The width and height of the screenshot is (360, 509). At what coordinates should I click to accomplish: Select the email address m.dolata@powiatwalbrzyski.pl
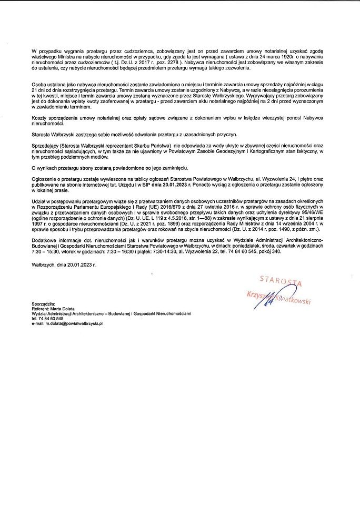pos(67,323)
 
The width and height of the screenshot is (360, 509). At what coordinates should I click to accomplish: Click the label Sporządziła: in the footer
pos(44,304)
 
